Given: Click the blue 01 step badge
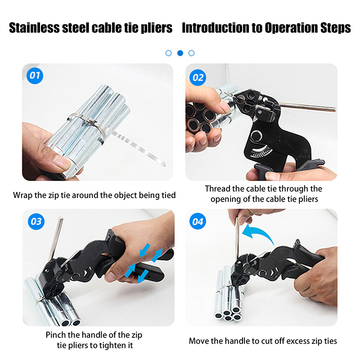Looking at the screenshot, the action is [x=35, y=76].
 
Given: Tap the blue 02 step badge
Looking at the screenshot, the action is [x=198, y=77].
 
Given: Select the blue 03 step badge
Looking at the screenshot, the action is [x=36, y=221].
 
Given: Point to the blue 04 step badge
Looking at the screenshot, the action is [x=198, y=221].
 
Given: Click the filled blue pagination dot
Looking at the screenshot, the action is [x=180, y=53].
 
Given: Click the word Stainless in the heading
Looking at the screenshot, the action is [x=35, y=28].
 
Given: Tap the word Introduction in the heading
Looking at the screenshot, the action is [x=216, y=28].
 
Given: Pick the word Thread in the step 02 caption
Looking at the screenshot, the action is [x=217, y=189].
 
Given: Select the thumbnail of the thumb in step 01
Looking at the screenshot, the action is [x=61, y=162].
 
